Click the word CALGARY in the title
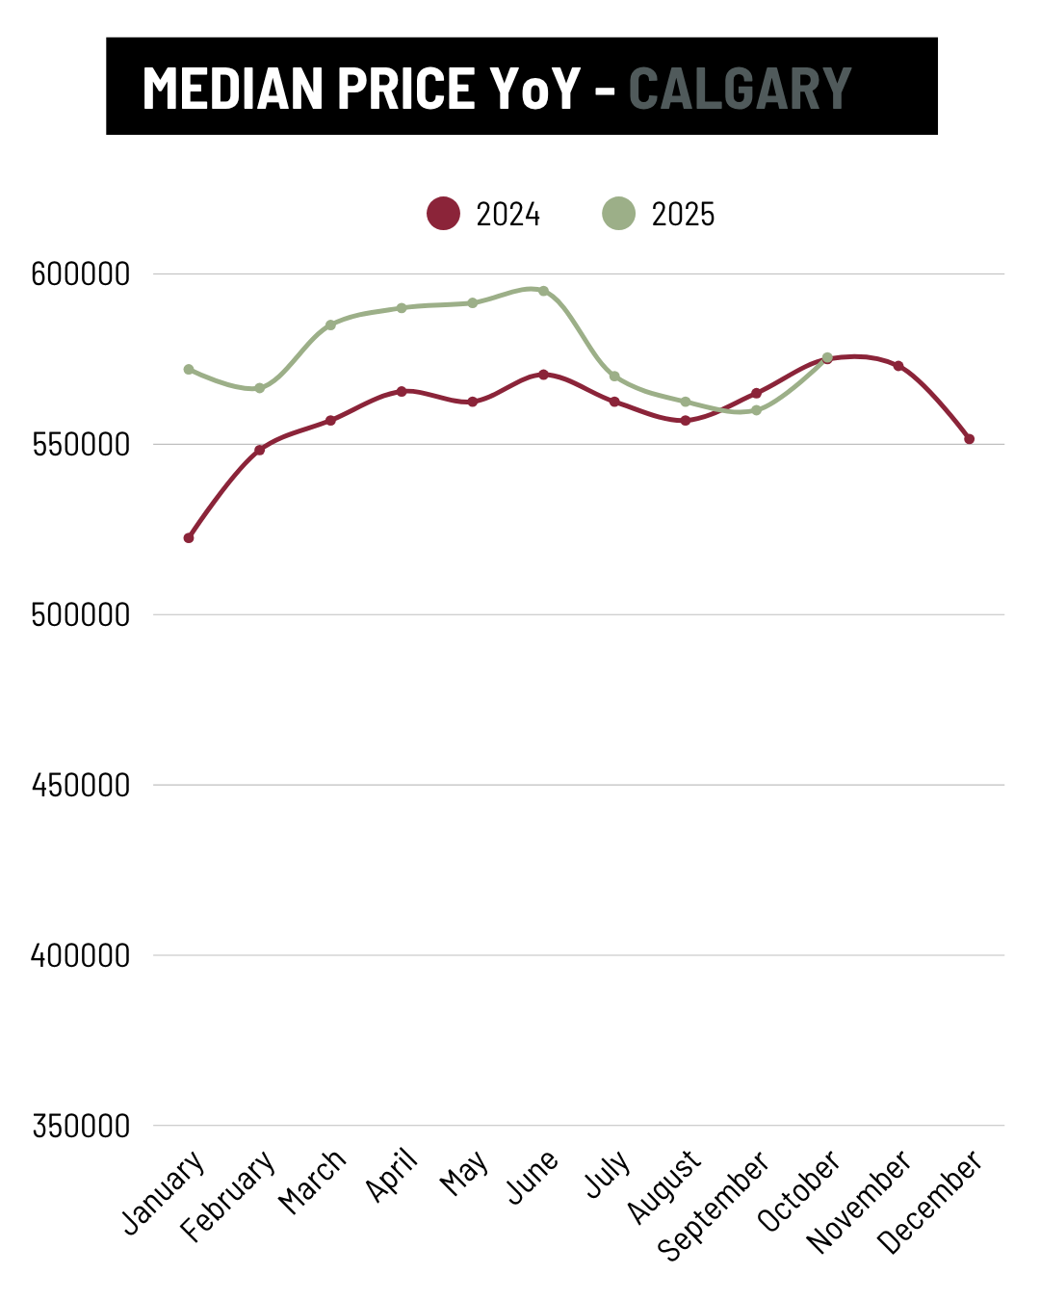point(740,89)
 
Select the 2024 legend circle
point(443,213)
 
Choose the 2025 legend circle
point(618,213)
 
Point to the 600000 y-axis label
point(80,274)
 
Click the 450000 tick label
point(80,786)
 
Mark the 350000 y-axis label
point(80,1126)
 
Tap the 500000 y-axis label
point(80,615)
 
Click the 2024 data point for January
point(189,538)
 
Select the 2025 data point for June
point(543,291)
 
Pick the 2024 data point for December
point(969,439)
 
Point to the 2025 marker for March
point(330,325)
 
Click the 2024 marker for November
point(898,366)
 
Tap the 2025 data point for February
point(259,388)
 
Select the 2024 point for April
point(402,391)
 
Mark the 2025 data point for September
point(756,410)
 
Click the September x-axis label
point(714,1205)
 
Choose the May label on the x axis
point(464,1174)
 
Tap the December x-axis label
point(931,1201)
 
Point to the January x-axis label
point(164,1191)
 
